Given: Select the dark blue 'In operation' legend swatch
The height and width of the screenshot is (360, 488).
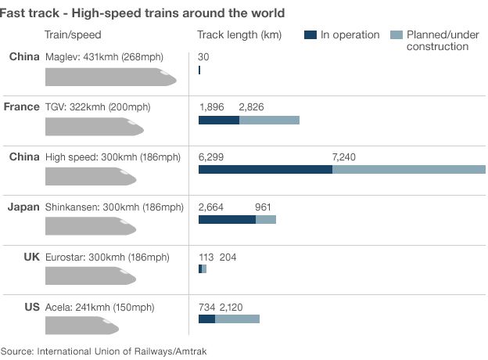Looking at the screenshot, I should pos(310,34).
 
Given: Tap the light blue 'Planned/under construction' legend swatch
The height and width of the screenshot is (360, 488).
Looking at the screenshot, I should pos(396,34).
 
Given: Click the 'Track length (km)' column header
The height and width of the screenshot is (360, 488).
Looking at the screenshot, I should pos(239,35).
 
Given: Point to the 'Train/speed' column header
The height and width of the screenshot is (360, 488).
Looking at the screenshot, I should pos(73,35).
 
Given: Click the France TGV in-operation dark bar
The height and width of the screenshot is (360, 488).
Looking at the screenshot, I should pos(219,120).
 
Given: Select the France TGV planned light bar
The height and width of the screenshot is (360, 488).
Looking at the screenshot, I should pos(269,120).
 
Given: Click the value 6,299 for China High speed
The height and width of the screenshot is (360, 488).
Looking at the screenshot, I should pos(211,157).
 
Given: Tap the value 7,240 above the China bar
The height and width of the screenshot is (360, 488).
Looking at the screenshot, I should pos(343,157).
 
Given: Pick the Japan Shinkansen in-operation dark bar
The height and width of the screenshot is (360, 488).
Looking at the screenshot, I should pos(227,220).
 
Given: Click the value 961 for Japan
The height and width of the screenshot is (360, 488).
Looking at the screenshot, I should pos(264,207).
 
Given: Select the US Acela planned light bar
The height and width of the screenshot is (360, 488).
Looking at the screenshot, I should pos(237,319).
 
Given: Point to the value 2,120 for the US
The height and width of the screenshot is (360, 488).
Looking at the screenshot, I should pos(231,307).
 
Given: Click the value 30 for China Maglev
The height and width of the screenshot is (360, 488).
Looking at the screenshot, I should pos(203,57).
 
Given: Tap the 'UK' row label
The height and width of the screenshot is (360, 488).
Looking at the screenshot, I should pos(31,257).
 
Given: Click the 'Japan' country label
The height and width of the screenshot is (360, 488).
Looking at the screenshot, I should pos(23,207).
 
